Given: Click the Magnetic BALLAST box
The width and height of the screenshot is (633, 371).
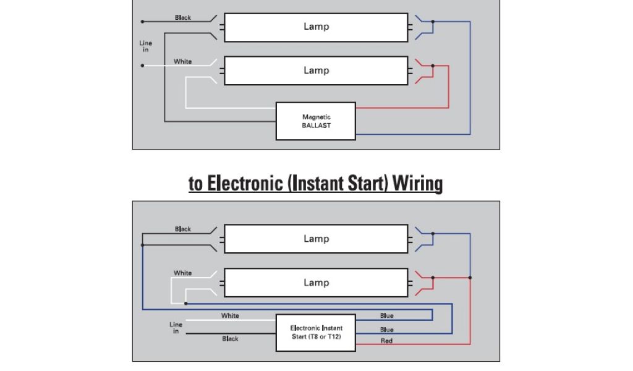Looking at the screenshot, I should pyautogui.click(x=316, y=121).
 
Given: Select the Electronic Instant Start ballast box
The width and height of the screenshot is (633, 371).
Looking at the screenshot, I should pyautogui.click(x=316, y=332).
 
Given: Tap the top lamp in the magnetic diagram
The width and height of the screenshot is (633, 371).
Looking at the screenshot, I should pyautogui.click(x=316, y=27).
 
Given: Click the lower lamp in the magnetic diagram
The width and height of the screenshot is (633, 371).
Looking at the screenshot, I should pyautogui.click(x=316, y=70).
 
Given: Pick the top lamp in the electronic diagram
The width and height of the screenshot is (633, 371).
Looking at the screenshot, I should pyautogui.click(x=316, y=239).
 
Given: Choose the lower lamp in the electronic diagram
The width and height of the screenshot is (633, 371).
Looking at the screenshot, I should pyautogui.click(x=316, y=283).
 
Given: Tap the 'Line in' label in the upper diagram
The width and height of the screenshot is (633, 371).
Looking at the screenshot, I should pyautogui.click(x=146, y=46).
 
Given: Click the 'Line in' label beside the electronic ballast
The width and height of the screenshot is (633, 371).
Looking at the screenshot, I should pyautogui.click(x=176, y=328).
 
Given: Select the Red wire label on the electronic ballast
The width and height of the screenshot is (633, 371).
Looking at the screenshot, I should pyautogui.click(x=386, y=341).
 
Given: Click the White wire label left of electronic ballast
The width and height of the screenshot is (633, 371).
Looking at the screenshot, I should pyautogui.click(x=230, y=316).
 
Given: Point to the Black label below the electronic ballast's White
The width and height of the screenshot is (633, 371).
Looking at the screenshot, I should pyautogui.click(x=230, y=339).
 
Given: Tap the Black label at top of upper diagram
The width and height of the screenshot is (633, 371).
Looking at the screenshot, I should pyautogui.click(x=183, y=17).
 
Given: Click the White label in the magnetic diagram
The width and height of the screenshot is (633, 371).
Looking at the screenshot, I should pyautogui.click(x=182, y=61).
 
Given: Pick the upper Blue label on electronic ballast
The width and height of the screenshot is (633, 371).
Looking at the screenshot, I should pyautogui.click(x=387, y=316).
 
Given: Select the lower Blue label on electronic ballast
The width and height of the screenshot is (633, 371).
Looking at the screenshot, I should pyautogui.click(x=387, y=330).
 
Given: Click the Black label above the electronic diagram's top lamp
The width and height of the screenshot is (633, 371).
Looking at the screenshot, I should pyautogui.click(x=183, y=229).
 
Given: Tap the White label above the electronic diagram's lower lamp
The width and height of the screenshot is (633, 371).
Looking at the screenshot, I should pyautogui.click(x=182, y=273).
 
